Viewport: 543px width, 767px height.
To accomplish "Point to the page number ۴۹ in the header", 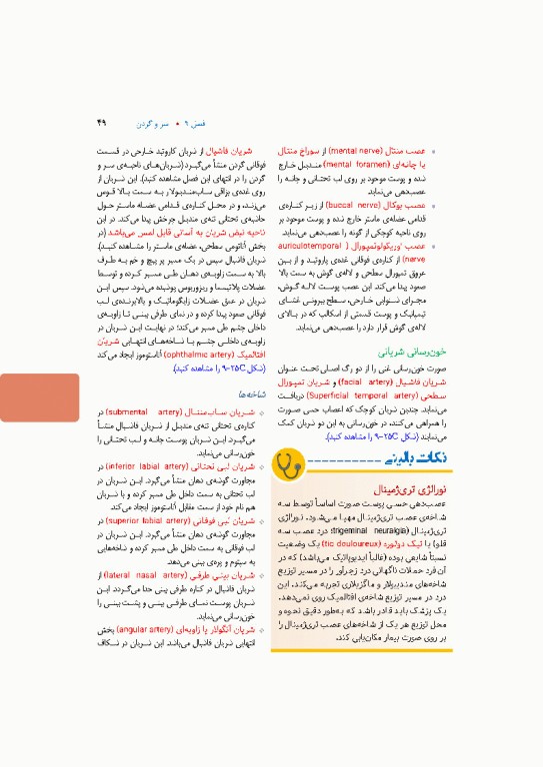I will tap(100, 123).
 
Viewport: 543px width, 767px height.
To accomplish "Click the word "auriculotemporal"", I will tap(383, 245).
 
